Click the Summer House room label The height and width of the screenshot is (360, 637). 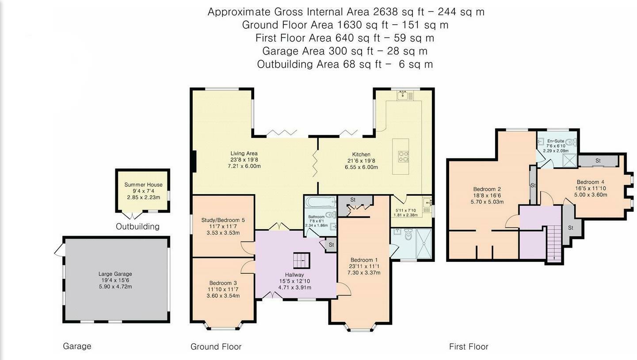143,185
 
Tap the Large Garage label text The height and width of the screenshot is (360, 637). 115,274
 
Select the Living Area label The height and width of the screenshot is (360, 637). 244,153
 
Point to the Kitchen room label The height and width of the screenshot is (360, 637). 361,154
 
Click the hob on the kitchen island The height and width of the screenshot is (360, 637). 404,157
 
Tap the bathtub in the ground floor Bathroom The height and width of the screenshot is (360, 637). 320,202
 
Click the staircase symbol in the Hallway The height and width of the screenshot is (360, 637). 301,260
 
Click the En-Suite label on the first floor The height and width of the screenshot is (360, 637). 556,141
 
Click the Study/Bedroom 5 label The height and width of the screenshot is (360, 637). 223,220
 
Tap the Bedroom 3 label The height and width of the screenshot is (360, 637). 223,283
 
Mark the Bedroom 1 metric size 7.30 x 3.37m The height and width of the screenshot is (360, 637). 364,272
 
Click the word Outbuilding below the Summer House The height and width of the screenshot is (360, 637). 137,226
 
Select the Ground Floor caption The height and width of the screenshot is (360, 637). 216,347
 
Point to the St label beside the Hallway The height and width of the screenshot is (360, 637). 331,245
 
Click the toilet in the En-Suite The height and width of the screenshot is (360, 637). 571,142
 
